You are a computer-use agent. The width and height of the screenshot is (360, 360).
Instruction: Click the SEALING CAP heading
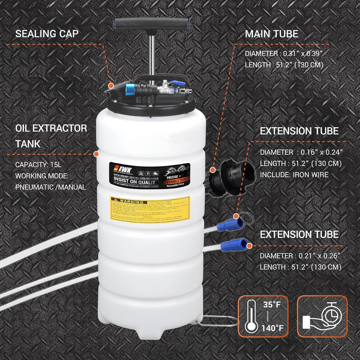coord(47,34)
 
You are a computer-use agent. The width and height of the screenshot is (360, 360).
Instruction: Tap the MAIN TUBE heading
coord(271,34)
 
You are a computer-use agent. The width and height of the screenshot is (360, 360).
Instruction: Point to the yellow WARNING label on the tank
coord(150,209)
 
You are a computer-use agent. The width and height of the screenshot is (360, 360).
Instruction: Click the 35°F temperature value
coord(273,304)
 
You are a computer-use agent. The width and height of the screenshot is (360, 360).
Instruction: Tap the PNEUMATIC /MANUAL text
coord(51,187)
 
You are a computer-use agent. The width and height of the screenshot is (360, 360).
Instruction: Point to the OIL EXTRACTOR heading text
coord(51,128)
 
